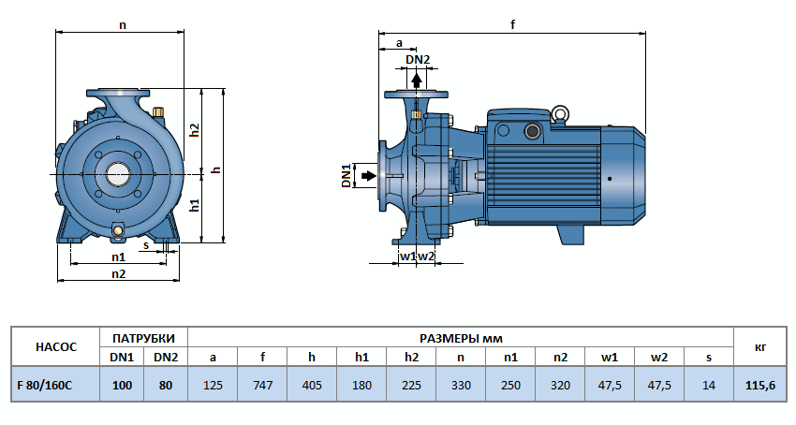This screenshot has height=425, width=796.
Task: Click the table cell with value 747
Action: pos(262,385)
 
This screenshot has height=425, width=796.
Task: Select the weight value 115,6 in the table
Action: pos(759,385)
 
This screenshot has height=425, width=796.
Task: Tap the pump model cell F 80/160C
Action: pos(45,385)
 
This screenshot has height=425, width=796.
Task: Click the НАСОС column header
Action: pos(55,346)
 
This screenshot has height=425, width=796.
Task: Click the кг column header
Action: pos(759,346)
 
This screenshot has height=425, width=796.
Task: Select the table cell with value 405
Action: pos(311,385)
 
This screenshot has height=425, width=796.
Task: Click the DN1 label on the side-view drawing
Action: pos(346,175)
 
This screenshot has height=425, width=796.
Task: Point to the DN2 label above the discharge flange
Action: pos(418,60)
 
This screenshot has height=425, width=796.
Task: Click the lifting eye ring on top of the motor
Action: pos(559,114)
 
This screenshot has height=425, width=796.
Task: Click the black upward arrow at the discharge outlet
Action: pos(417,80)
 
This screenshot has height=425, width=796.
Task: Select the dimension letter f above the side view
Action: pos(513,24)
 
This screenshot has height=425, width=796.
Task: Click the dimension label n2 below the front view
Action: pos(119,273)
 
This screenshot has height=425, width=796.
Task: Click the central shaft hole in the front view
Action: pos(118,173)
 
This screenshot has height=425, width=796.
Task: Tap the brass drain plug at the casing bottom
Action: pos(118,230)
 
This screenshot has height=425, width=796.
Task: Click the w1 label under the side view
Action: pos(407,256)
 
